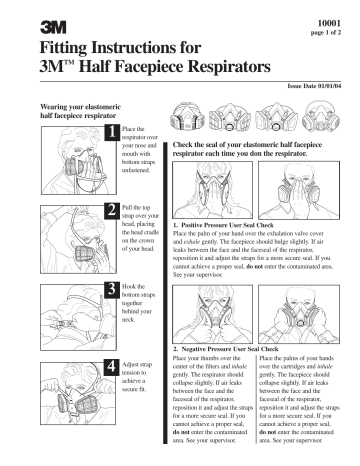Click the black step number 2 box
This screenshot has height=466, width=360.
click(111, 210)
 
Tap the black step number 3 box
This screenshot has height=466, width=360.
click(111, 289)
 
